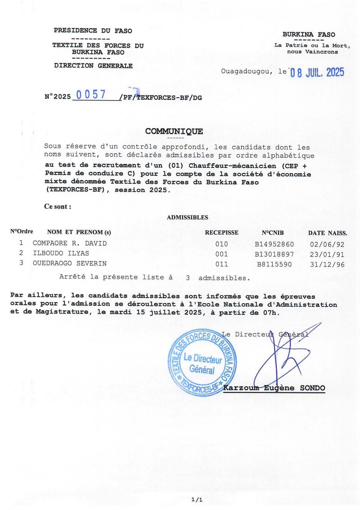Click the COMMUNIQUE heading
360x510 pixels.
pos(174,131)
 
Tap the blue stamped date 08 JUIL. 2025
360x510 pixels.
pos(317,72)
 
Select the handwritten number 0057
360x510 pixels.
pos(91,95)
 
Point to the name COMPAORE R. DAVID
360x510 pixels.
pos(70,243)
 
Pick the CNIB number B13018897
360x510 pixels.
pos(274,255)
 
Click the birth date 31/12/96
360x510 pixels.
pos(327,265)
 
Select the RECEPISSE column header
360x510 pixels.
pos(222,233)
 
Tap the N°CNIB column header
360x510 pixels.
pos(273,233)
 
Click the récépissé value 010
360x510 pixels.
pos(222,244)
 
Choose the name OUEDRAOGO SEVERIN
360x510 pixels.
pos(70,263)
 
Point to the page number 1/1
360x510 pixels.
pos(197,500)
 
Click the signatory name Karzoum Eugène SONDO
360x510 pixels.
pos(274,388)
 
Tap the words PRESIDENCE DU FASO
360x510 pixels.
pos(93,31)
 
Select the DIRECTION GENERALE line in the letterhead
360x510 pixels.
pos(93,66)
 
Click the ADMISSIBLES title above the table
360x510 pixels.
pos(187,217)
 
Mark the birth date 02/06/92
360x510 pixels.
pos(327,244)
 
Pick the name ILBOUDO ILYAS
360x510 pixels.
pos(61,253)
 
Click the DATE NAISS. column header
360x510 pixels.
pos(327,233)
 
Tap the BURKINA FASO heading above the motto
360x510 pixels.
pos(309,35)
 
